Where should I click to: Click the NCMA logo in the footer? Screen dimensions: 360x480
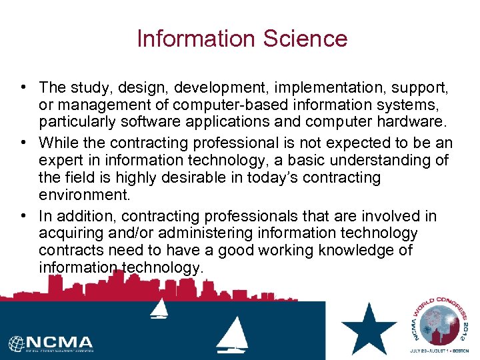[51, 343]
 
